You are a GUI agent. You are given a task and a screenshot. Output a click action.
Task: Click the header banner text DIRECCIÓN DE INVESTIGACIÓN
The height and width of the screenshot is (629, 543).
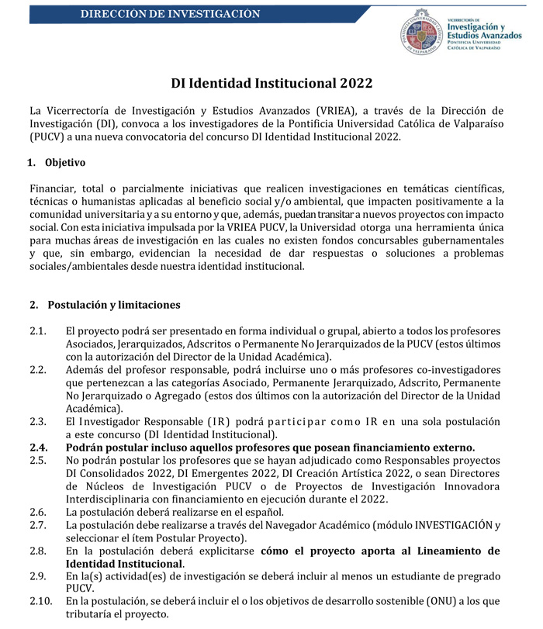pos(170,15)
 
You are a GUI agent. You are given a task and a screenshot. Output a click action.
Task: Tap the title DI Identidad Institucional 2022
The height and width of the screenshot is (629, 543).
pos(271,83)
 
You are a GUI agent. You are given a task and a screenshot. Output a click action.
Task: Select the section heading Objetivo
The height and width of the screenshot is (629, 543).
pos(65,163)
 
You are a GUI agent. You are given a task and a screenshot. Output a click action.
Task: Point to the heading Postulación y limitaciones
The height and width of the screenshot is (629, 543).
pos(113,304)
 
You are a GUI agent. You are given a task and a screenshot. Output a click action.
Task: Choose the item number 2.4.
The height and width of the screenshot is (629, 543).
pos(39,448)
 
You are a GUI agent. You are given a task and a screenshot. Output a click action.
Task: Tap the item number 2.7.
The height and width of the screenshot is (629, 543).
pos(39,525)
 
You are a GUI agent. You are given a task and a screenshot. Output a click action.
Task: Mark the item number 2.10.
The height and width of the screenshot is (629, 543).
pos(41,601)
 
